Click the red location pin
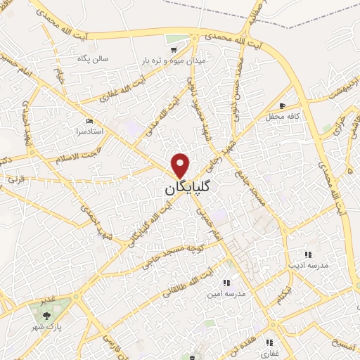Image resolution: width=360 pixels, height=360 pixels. coord(181,165)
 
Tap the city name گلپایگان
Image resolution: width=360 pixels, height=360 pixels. coord(191,189)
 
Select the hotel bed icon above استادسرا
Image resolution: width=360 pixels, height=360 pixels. coord(89,120)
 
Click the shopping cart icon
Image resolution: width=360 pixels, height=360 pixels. coord(173,49)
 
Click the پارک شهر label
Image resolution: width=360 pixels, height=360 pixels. coord(49,328)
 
